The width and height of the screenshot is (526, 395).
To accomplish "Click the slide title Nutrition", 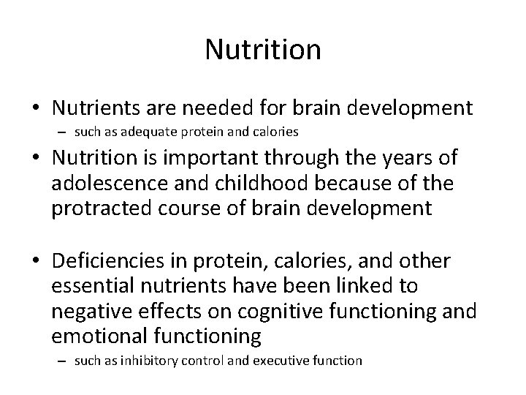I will (x=263, y=50).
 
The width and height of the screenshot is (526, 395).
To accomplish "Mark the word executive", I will (x=285, y=361).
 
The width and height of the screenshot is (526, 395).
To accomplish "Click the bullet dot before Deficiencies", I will (x=36, y=262).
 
